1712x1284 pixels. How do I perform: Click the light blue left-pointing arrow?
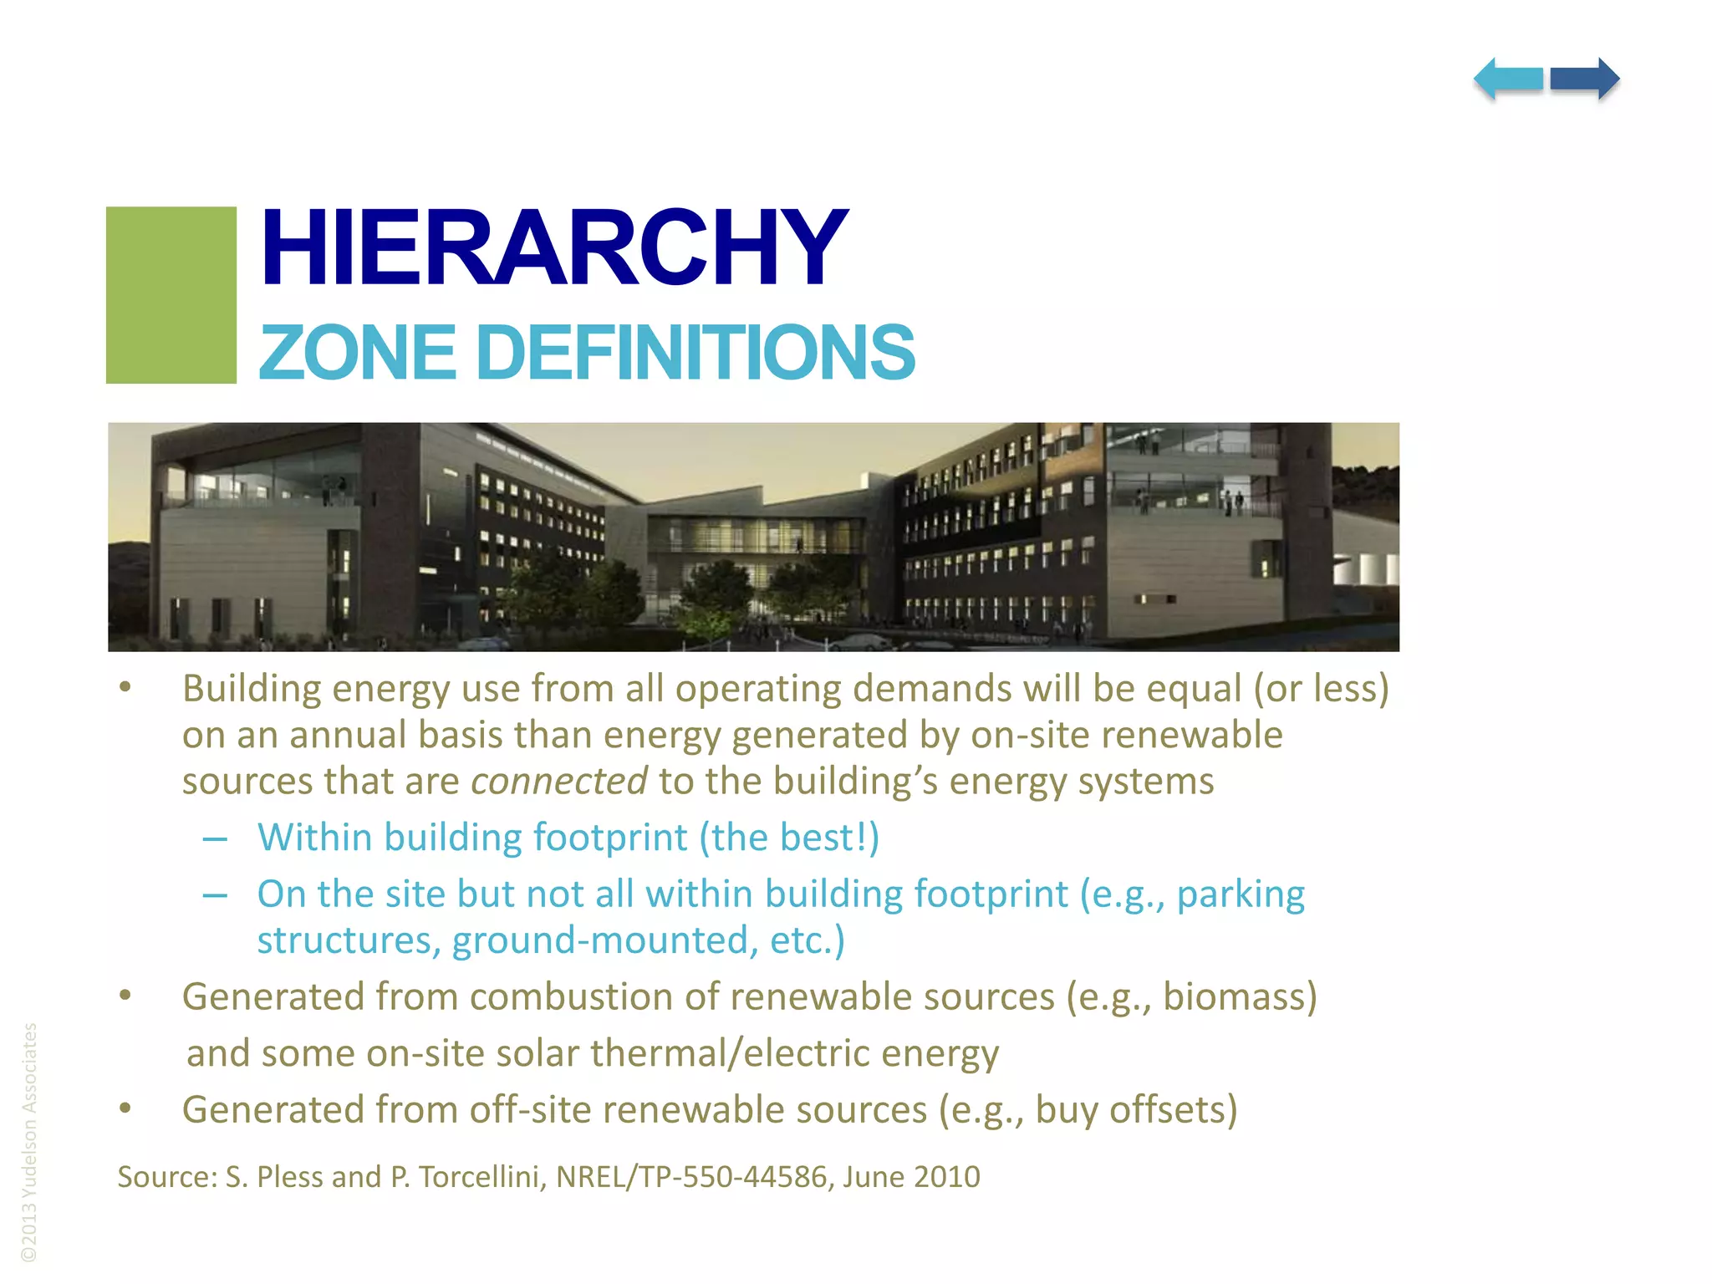1508,79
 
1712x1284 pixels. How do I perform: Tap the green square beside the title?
171,295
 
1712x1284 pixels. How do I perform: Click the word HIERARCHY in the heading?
553,248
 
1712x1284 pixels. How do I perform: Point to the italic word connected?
558,782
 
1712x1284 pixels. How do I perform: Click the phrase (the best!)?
789,838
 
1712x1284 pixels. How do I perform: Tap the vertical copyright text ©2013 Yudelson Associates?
29,1141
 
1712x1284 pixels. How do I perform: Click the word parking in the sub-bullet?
1241,895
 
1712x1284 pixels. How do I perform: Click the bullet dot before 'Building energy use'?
125,687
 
